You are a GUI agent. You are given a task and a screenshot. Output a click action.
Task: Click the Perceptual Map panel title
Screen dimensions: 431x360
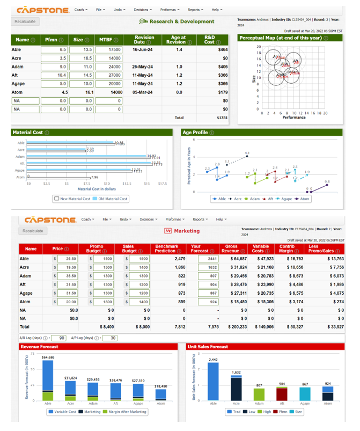[280, 39]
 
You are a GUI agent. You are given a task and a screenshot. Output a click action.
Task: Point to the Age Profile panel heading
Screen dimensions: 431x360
[195, 132]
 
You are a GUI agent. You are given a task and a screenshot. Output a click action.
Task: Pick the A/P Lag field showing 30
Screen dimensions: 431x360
[112, 338]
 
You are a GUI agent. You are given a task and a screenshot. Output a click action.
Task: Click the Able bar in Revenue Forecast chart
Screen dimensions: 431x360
[47, 381]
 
